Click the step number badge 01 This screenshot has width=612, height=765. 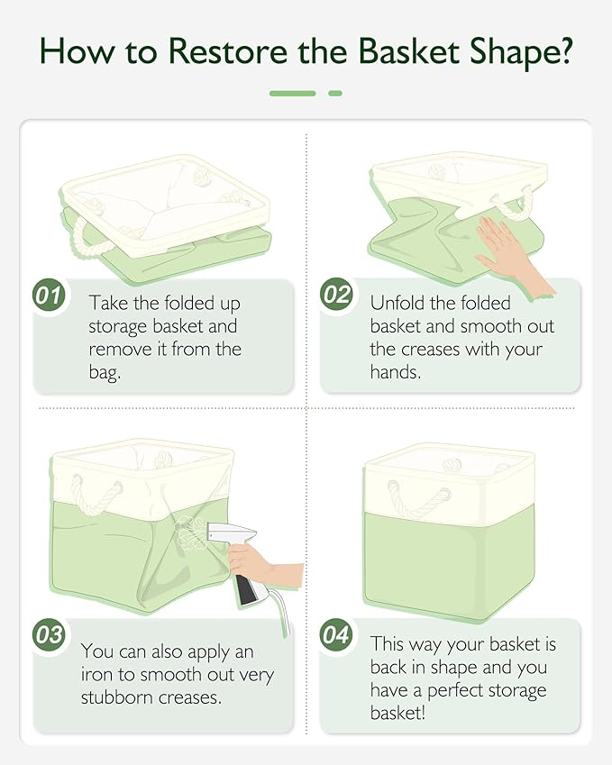point(50,295)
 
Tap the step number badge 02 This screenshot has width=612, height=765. point(336,295)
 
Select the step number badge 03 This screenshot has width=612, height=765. point(50,633)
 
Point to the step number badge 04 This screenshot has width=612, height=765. point(336,633)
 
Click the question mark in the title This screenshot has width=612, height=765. point(562,51)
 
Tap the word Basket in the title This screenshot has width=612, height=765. point(405,51)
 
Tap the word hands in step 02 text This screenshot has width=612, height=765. point(395,370)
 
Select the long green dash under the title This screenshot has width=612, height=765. point(292,93)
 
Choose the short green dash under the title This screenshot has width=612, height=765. point(335,93)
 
